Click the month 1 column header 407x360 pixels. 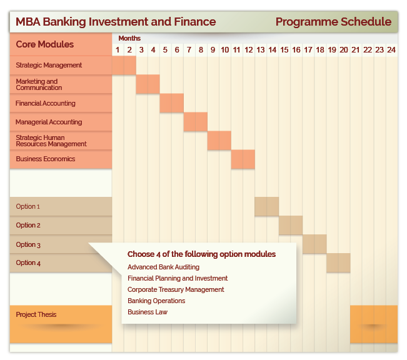tap(118, 49)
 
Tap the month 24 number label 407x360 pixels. tap(391, 49)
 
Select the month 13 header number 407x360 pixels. tap(260, 49)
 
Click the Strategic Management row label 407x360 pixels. tap(49, 65)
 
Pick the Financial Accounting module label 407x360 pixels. tap(46, 103)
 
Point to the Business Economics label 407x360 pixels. tap(46, 159)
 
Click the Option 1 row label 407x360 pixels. tap(28, 207)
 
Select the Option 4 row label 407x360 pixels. tap(28, 262)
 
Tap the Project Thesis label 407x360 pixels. tap(36, 314)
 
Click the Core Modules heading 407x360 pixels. tap(44, 44)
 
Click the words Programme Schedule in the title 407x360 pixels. tap(334, 22)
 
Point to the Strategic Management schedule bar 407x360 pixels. tap(124, 66)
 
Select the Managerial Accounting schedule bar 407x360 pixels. tap(196, 122)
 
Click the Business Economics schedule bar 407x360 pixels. tap(243, 159)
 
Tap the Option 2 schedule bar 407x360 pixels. tap(291, 225)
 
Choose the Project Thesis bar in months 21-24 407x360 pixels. tap(374, 324)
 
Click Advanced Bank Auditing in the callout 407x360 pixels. tap(164, 267)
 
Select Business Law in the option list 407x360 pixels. tap(148, 312)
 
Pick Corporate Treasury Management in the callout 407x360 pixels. tap(176, 289)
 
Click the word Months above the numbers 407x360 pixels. tap(129, 38)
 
